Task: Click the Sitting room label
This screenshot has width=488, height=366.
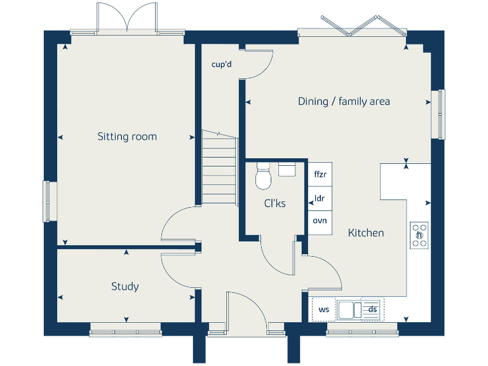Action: [127, 137]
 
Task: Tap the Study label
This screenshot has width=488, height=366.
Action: [125, 287]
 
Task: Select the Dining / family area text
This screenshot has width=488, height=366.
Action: [344, 101]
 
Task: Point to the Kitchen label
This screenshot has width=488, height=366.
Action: [366, 233]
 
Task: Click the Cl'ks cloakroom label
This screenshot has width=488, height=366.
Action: [274, 203]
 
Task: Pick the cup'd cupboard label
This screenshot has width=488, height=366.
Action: [221, 64]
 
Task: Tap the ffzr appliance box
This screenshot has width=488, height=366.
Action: [320, 173]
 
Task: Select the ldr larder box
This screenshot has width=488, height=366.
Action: [320, 198]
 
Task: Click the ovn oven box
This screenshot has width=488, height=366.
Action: [320, 221]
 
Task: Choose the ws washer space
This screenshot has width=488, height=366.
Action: [323, 309]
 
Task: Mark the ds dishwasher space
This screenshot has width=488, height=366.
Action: [372, 309]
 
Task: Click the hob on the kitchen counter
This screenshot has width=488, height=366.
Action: [419, 235]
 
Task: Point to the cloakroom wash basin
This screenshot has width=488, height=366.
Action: [287, 168]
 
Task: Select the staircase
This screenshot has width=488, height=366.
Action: [219, 168]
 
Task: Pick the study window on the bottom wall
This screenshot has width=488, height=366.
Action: [125, 329]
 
